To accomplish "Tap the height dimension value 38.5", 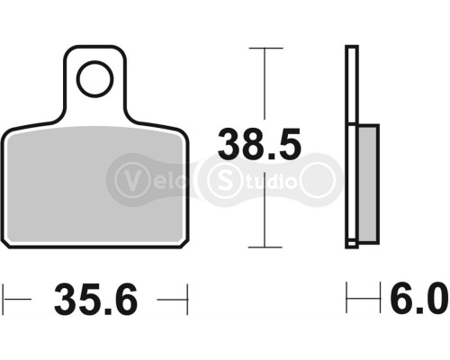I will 262,143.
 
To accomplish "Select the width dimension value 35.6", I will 98,298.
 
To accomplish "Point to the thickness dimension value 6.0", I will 415,298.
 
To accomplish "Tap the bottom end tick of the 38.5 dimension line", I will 263,246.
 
